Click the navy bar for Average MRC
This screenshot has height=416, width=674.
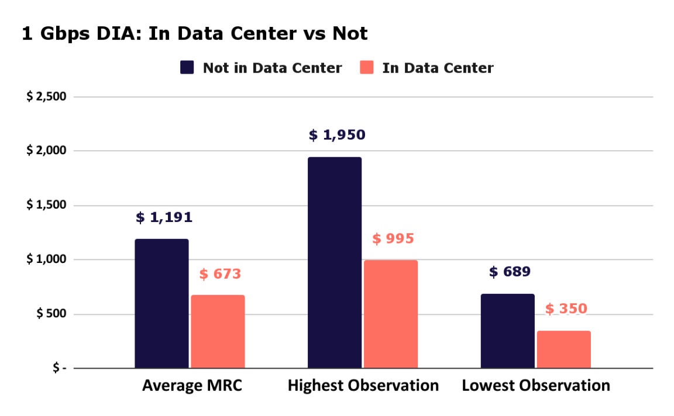[x=161, y=303]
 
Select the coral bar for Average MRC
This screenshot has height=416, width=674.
[x=218, y=331]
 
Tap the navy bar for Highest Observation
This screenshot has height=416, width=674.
[x=335, y=262]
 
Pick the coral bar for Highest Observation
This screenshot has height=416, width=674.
[x=391, y=314]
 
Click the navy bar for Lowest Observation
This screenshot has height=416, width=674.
[x=507, y=331]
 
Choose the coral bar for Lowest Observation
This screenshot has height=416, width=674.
[x=563, y=349]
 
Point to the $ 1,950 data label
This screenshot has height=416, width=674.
[x=337, y=136]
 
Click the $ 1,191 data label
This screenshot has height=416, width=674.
[x=164, y=218]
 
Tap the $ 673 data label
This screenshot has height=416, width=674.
[x=220, y=274]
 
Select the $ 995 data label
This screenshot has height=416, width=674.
[x=393, y=239]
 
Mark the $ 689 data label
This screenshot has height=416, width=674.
[x=510, y=272]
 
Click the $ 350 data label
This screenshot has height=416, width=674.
[x=566, y=309]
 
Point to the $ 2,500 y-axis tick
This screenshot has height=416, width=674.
[x=46, y=96]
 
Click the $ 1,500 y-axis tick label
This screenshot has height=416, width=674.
[x=46, y=205]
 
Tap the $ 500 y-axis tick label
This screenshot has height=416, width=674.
[x=51, y=314]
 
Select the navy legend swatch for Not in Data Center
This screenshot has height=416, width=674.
[x=187, y=68]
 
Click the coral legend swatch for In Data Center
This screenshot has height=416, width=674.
[x=367, y=68]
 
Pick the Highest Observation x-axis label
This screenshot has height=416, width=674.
[x=363, y=386]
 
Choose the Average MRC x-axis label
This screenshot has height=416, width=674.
[x=192, y=386]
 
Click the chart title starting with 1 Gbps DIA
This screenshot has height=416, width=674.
[x=194, y=34]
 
